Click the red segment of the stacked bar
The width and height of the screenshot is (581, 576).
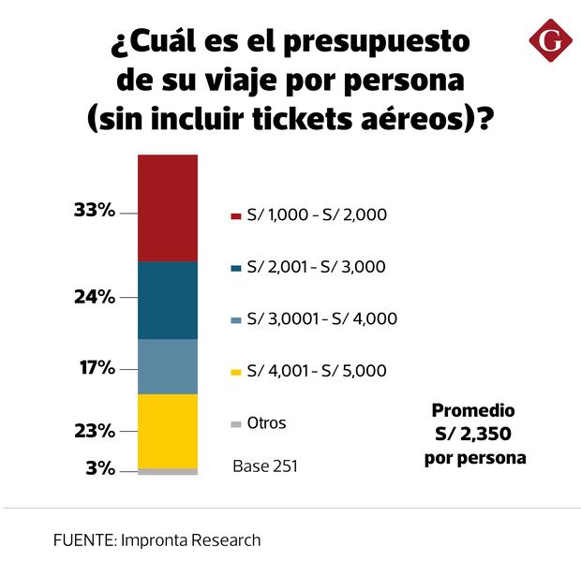point(168,208)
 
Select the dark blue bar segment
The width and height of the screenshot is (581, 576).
point(168,300)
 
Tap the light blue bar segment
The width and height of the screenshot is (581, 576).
point(168,366)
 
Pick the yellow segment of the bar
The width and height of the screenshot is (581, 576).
point(168,431)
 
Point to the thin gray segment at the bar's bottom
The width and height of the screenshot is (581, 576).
point(168,472)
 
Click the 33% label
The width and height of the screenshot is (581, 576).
point(94,211)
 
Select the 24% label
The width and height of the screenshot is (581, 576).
point(94,298)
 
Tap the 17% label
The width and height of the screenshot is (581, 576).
point(97,367)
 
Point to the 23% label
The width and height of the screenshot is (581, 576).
point(94,431)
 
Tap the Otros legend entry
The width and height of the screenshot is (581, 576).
point(266,423)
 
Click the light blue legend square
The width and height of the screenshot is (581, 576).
point(236,320)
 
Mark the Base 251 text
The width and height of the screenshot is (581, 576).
point(265,465)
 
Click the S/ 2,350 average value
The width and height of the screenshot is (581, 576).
point(473,435)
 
